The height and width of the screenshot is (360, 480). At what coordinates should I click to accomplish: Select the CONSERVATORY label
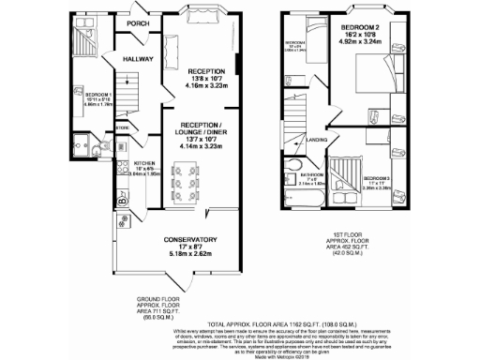(191, 239)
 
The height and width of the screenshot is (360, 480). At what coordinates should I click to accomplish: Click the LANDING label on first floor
(318, 141)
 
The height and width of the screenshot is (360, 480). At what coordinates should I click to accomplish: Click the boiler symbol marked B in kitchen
(123, 198)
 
